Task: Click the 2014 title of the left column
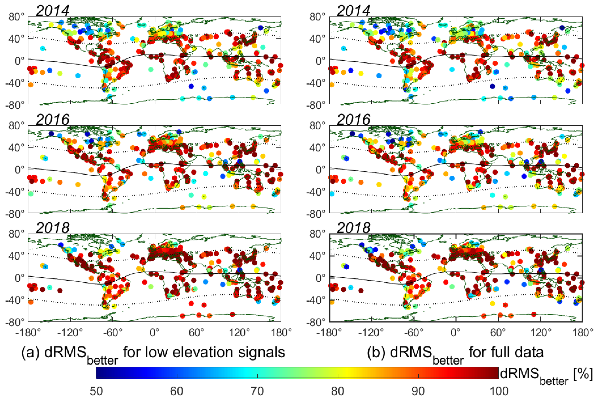pyautogui.click(x=53, y=11)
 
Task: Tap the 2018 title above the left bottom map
pyautogui.click(x=53, y=228)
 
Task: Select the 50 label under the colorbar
pyautogui.click(x=96, y=391)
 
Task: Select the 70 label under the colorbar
pyautogui.click(x=257, y=391)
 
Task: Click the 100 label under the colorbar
pyautogui.click(x=499, y=391)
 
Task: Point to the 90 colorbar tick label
pyautogui.click(x=418, y=391)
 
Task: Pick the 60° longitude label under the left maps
pyautogui.click(x=197, y=333)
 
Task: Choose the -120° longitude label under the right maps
pyautogui.click(x=371, y=333)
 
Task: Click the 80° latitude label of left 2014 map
pyautogui.click(x=16, y=17)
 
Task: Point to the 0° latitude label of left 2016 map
pyautogui.click(x=19, y=170)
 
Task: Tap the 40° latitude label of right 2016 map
pyautogui.click(x=317, y=148)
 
